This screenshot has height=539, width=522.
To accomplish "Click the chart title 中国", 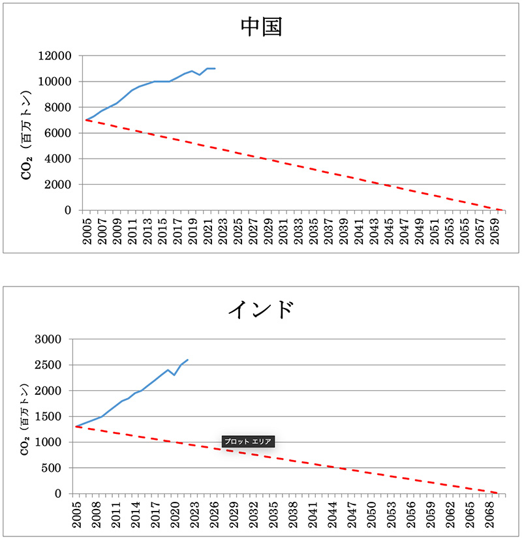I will coord(261,28).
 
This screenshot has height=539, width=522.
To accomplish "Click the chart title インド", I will coord(260,309).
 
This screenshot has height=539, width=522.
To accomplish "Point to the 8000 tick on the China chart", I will coord(60,108).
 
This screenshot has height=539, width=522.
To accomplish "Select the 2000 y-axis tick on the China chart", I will coord(60,185).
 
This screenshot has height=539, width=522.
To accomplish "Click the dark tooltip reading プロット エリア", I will coord(247,442).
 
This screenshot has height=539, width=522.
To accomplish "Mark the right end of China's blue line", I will coord(215,69).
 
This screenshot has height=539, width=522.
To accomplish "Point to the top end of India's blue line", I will coord(187,360).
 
